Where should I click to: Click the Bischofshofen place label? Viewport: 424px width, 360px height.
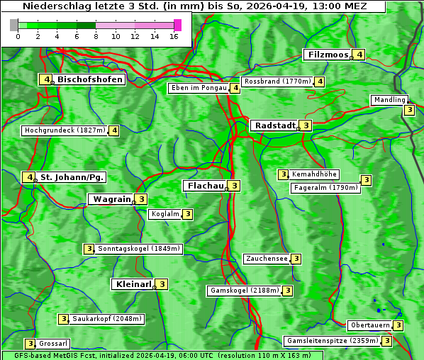pos(90,79)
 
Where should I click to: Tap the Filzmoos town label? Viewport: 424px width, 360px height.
pos(327,55)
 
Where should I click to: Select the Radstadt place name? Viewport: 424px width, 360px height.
pos(275,125)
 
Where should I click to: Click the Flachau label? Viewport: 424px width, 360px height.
pos(204,186)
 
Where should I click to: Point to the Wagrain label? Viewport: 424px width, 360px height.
pos(112,199)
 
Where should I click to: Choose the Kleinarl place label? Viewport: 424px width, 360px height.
pos(133,284)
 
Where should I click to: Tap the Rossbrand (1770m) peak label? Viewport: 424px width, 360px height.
pos(277,81)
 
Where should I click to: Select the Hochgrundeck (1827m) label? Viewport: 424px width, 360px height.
pos(65,130)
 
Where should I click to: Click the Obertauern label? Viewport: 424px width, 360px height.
pos(370,325)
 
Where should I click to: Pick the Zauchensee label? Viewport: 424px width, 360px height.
pos(267,259)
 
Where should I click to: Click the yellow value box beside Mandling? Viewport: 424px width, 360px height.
pos(409,110)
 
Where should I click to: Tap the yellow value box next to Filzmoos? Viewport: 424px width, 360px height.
pos(359,55)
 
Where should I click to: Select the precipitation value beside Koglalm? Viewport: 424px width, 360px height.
pos(187,214)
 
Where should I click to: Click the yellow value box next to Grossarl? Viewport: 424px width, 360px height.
pos(30,344)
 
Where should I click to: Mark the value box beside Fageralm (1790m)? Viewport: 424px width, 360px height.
pos(366,180)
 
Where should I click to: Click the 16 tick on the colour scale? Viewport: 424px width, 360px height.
pos(174,36)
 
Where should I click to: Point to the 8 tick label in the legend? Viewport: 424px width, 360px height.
pos(96,36)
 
